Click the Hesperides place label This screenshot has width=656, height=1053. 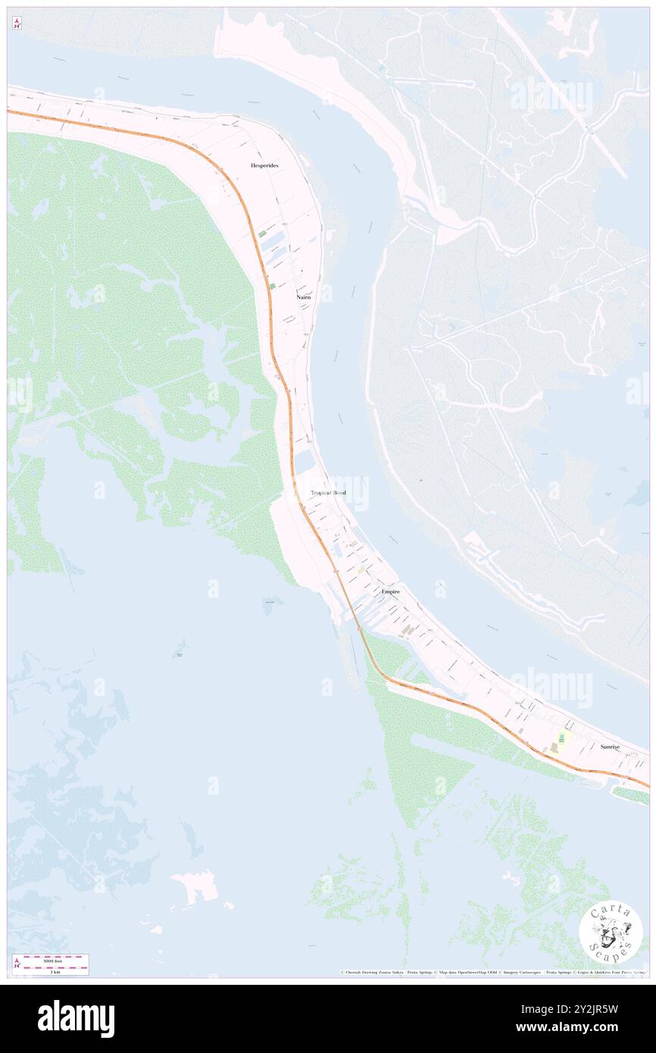pos(263,164)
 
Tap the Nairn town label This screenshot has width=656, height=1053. pos(303,298)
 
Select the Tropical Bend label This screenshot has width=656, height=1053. pos(328,492)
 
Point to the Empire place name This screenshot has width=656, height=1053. pos(391,590)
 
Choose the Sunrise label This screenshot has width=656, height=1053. pos(610,747)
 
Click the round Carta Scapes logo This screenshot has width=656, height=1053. pos(611,932)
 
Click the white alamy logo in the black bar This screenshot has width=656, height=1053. pos(76,1019)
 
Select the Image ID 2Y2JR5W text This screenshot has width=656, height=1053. pos(586,1009)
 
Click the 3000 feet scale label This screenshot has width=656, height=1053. pos(52,961)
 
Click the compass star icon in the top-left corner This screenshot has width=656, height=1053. pos(17,24)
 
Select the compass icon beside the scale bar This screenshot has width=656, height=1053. pos(17,964)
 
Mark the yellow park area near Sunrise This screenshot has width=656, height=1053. pos(562,736)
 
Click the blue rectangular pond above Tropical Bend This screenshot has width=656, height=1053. pos(305,461)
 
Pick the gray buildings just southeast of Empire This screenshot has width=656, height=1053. pos(408,630)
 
